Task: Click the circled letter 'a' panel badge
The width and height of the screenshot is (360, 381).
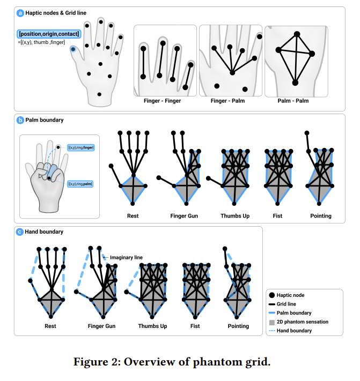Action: [x=20, y=12]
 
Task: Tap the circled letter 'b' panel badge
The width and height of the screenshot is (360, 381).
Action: [x=20, y=120]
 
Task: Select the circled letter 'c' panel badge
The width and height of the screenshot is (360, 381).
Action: [x=20, y=232]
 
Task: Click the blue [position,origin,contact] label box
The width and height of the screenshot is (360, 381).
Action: [x=48, y=34]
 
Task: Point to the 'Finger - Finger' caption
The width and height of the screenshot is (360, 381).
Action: [x=162, y=100]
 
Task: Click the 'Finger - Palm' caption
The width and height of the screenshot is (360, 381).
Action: [x=230, y=100]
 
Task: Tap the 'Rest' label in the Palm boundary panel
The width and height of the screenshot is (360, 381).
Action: [x=133, y=216]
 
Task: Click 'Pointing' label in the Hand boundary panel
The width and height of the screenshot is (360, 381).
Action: [x=238, y=326]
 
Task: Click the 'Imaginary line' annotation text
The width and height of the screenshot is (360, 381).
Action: [x=126, y=258]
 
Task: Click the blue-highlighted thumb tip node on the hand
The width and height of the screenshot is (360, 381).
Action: [x=74, y=49]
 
